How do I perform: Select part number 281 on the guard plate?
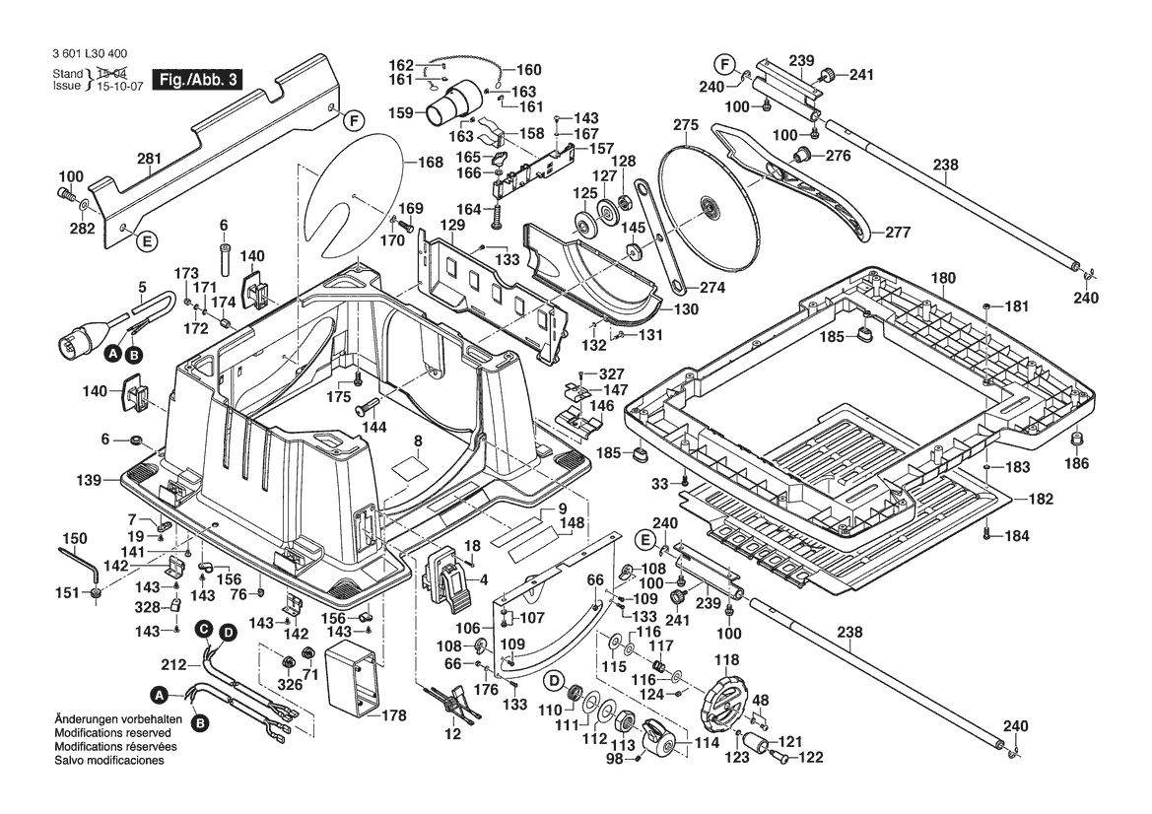click(x=149, y=158)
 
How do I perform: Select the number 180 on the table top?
click(x=943, y=279)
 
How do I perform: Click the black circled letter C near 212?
click(x=202, y=629)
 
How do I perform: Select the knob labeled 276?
click(x=804, y=156)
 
